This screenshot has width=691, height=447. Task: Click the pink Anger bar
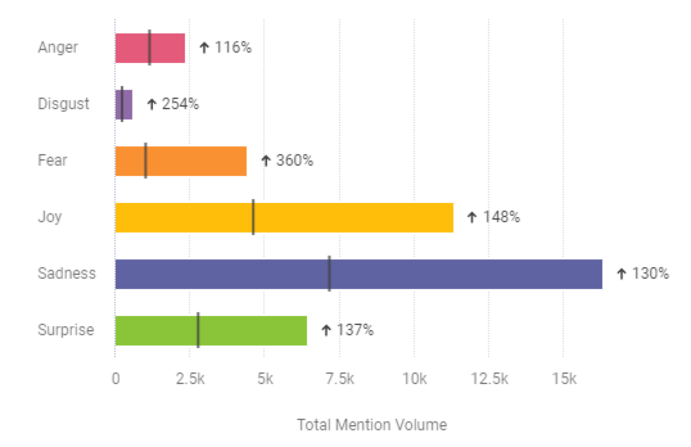coord(167,48)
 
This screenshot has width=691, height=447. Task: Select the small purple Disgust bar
coord(128,105)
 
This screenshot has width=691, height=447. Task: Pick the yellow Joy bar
coord(353,217)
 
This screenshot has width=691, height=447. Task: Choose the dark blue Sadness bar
coord(450,274)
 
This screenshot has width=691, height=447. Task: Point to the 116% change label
coord(233,48)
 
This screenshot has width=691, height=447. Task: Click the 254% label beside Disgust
coord(180,104)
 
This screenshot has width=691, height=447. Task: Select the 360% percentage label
coord(295,161)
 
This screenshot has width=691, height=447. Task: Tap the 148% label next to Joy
coord(502,217)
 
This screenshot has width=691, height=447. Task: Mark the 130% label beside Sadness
coord(651,274)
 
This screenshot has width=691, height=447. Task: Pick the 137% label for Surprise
coord(355,330)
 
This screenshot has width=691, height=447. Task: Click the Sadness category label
coord(67,274)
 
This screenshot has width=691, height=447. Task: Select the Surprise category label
coord(66,330)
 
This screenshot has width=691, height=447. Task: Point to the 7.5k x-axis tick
coord(339,380)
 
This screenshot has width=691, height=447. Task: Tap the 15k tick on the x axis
coord(563,380)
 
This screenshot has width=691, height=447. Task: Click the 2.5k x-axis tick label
coord(189,380)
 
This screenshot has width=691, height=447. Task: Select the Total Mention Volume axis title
coord(372,425)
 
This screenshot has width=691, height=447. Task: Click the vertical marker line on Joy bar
coord(253,217)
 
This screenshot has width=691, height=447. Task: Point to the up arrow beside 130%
coord(621,274)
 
